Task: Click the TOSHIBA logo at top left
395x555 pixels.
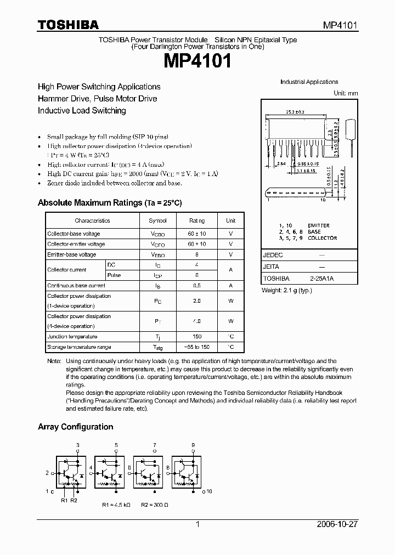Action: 68,24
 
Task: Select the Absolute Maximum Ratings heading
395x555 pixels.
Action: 110,203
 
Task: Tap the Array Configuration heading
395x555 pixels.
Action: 75,427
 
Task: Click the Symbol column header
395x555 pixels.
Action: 157,220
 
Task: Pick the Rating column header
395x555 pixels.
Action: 197,220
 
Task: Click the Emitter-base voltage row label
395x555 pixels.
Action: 71,254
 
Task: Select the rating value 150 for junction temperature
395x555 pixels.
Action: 197,337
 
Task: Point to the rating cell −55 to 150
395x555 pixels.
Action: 197,347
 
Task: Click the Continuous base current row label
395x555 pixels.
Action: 76,286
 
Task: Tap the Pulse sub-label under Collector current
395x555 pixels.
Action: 114,275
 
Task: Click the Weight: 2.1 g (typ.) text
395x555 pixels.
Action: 287,290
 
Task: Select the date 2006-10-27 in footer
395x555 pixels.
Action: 337,524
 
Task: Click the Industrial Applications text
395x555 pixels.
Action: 309,82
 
